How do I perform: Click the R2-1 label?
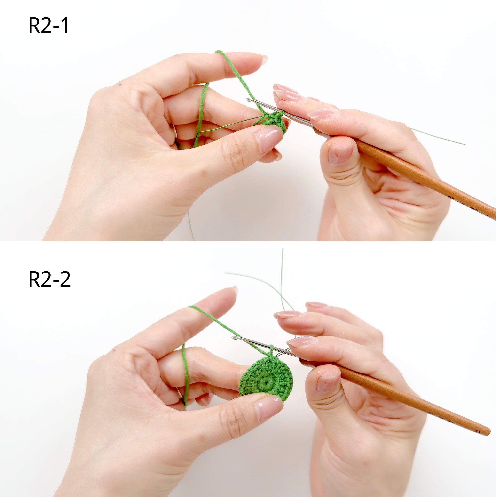pos(48,26)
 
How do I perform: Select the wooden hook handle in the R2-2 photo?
pos(396,398)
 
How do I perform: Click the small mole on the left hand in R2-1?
pos(119,84)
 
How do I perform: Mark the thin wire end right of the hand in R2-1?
pos(465,144)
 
